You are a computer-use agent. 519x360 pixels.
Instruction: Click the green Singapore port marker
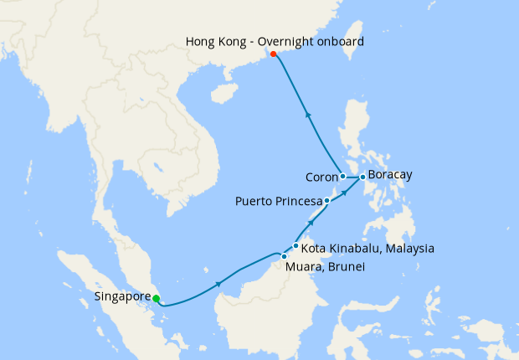tap(157, 298)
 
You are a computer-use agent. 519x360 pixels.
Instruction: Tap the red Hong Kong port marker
tap(274, 54)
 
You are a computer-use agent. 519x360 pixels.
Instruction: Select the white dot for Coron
tap(343, 177)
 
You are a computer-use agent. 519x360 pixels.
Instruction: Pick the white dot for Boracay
tap(362, 177)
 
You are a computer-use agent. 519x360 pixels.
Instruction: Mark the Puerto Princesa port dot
tap(327, 202)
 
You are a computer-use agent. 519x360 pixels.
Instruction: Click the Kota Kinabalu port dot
tap(295, 246)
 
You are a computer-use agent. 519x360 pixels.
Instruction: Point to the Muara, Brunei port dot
tap(285, 256)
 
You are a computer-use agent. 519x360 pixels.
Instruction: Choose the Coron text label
tap(321, 177)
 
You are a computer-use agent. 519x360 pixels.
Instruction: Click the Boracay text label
tap(390, 176)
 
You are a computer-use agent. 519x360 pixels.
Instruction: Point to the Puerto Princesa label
tap(279, 202)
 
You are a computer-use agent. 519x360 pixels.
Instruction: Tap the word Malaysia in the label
tap(409, 249)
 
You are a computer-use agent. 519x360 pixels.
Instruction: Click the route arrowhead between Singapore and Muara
tap(219, 285)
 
